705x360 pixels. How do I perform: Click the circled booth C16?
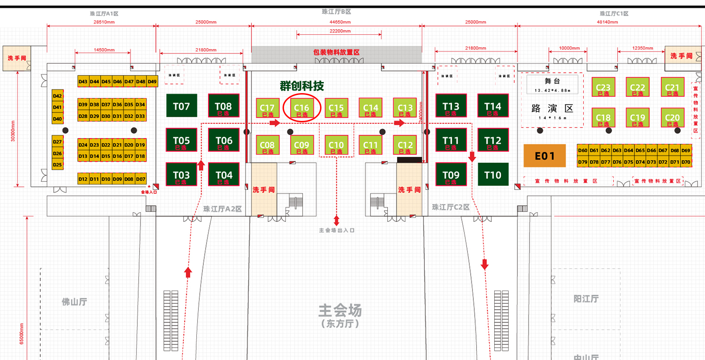pos(302,108)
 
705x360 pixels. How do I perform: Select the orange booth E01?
pos(545,156)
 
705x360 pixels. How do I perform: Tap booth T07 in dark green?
pos(182,106)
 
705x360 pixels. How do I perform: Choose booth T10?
pos(493,175)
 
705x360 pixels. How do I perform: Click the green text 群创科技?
pos(302,86)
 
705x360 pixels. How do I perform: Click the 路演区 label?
pos(552,109)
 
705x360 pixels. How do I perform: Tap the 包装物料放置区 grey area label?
pos(336,52)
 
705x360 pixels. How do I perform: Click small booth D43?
pos(83,82)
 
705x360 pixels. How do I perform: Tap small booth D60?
pos(583,150)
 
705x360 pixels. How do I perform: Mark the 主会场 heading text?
pos(340,310)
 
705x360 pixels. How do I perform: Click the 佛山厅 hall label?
pos(75,302)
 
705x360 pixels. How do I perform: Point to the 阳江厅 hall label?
pos(586,299)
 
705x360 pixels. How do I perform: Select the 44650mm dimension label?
pos(336,22)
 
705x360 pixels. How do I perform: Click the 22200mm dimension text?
pos(340,31)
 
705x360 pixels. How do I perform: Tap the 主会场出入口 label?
pos(336,230)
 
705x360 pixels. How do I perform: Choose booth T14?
pos(493,106)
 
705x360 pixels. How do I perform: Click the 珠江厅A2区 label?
pos(222,209)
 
